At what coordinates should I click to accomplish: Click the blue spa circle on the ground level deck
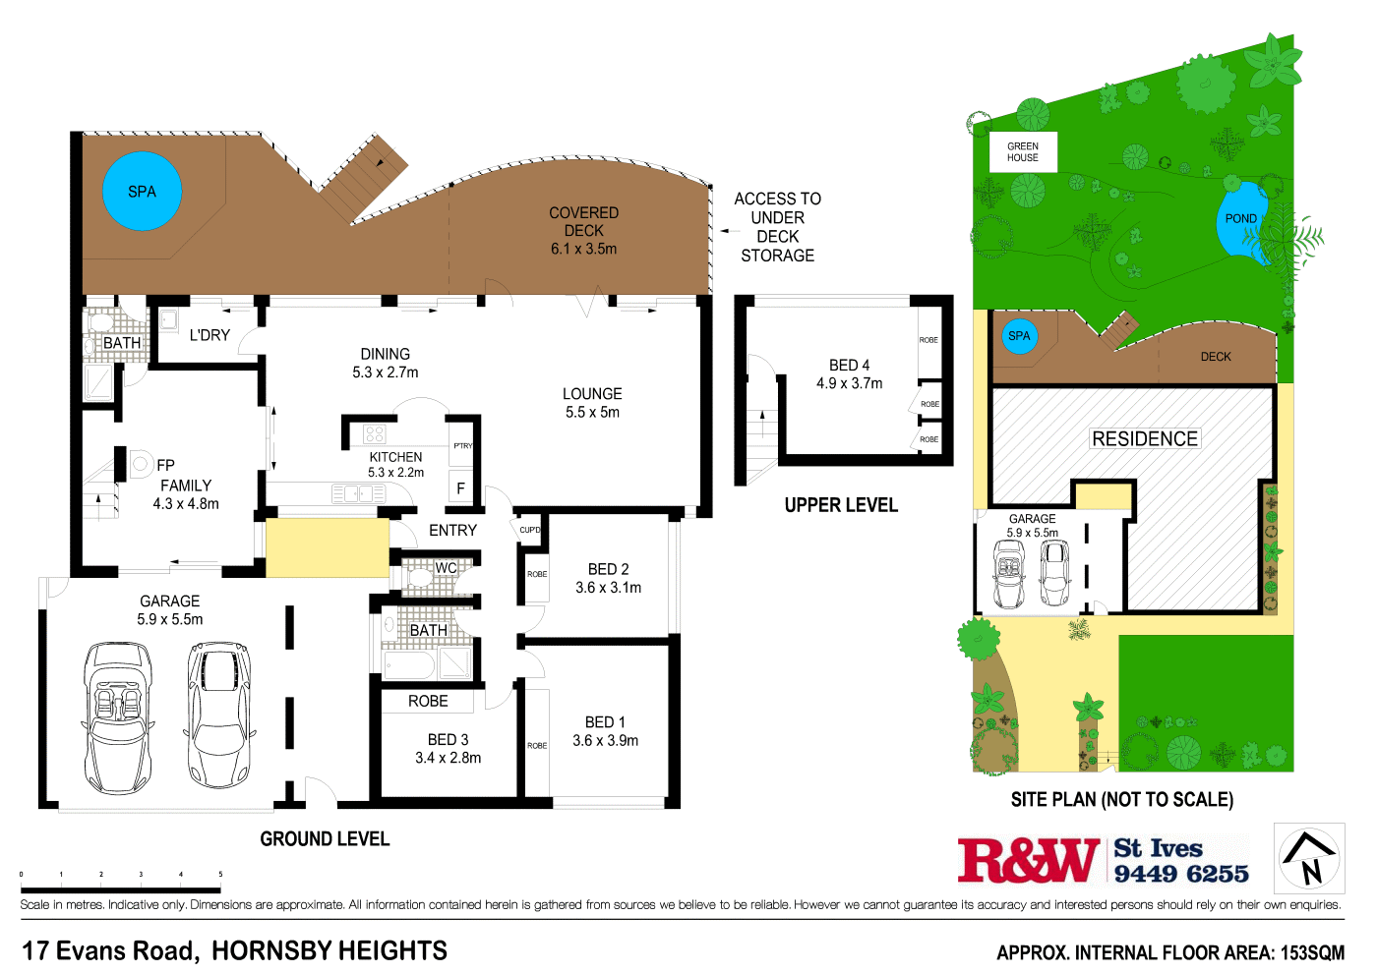tap(142, 192)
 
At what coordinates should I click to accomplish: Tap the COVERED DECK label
tap(583, 221)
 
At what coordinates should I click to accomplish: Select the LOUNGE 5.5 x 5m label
tap(592, 403)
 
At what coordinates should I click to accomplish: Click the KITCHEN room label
tap(395, 457)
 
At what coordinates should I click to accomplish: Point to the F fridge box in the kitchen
tap(460, 488)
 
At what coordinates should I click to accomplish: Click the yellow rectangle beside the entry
tap(327, 547)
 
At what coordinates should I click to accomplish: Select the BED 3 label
tap(448, 739)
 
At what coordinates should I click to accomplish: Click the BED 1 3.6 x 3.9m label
tap(605, 731)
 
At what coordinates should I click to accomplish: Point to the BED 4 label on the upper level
tap(849, 366)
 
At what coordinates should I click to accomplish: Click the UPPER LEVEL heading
tap(841, 505)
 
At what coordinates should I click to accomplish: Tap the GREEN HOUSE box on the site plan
tap(1022, 152)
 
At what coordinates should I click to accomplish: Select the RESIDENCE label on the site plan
tap(1145, 439)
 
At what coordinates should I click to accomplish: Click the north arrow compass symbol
tap(1309, 858)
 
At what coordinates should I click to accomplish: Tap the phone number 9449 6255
tap(1181, 874)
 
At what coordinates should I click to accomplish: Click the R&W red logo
tap(1028, 860)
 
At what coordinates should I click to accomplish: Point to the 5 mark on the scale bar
tap(220, 874)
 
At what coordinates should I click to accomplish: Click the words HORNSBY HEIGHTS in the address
tap(329, 950)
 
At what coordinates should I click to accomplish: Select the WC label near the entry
tap(446, 567)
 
